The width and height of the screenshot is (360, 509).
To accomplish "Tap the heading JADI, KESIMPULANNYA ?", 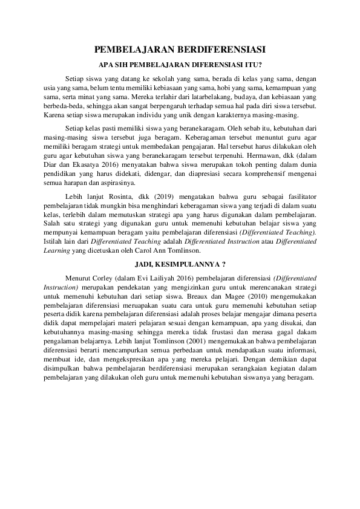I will click(180, 264).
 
